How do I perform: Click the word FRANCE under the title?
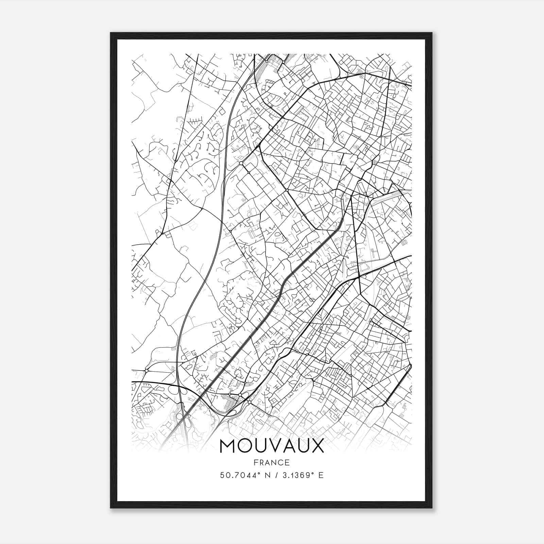click(272, 462)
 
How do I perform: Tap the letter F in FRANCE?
click(256, 462)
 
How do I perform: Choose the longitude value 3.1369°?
click(296, 475)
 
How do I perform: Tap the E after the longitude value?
click(321, 475)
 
